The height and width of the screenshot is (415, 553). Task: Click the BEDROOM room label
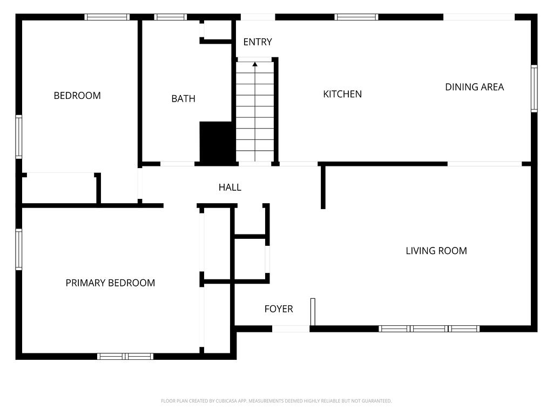pos(77,96)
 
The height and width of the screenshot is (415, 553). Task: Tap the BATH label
pos(183,99)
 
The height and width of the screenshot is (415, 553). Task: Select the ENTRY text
pos(258,42)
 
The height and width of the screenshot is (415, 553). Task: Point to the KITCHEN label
pos(342,94)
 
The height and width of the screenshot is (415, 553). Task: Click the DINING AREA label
pos(474,87)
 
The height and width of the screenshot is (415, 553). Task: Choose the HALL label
pos(230,188)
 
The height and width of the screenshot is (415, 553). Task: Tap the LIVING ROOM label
pos(436,251)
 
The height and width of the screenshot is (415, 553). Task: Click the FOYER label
pos(279,309)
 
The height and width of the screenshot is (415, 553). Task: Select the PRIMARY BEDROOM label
pos(110,283)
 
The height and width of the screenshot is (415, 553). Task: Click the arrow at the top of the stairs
pos(255,65)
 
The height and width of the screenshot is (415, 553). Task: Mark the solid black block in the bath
pos(218,142)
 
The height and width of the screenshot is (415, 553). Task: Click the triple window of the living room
pos(429,329)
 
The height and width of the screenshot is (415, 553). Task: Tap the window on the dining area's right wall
pos(534,88)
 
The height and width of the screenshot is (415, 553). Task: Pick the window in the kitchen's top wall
pos(356,17)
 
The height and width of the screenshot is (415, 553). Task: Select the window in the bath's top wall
pos(171,17)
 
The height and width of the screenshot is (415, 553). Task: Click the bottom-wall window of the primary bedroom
pos(125,356)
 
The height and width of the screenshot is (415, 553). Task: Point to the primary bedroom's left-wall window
pos(19,249)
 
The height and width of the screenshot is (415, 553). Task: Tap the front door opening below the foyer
pos(291,329)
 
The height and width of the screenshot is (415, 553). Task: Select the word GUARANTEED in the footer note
pos(378,401)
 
